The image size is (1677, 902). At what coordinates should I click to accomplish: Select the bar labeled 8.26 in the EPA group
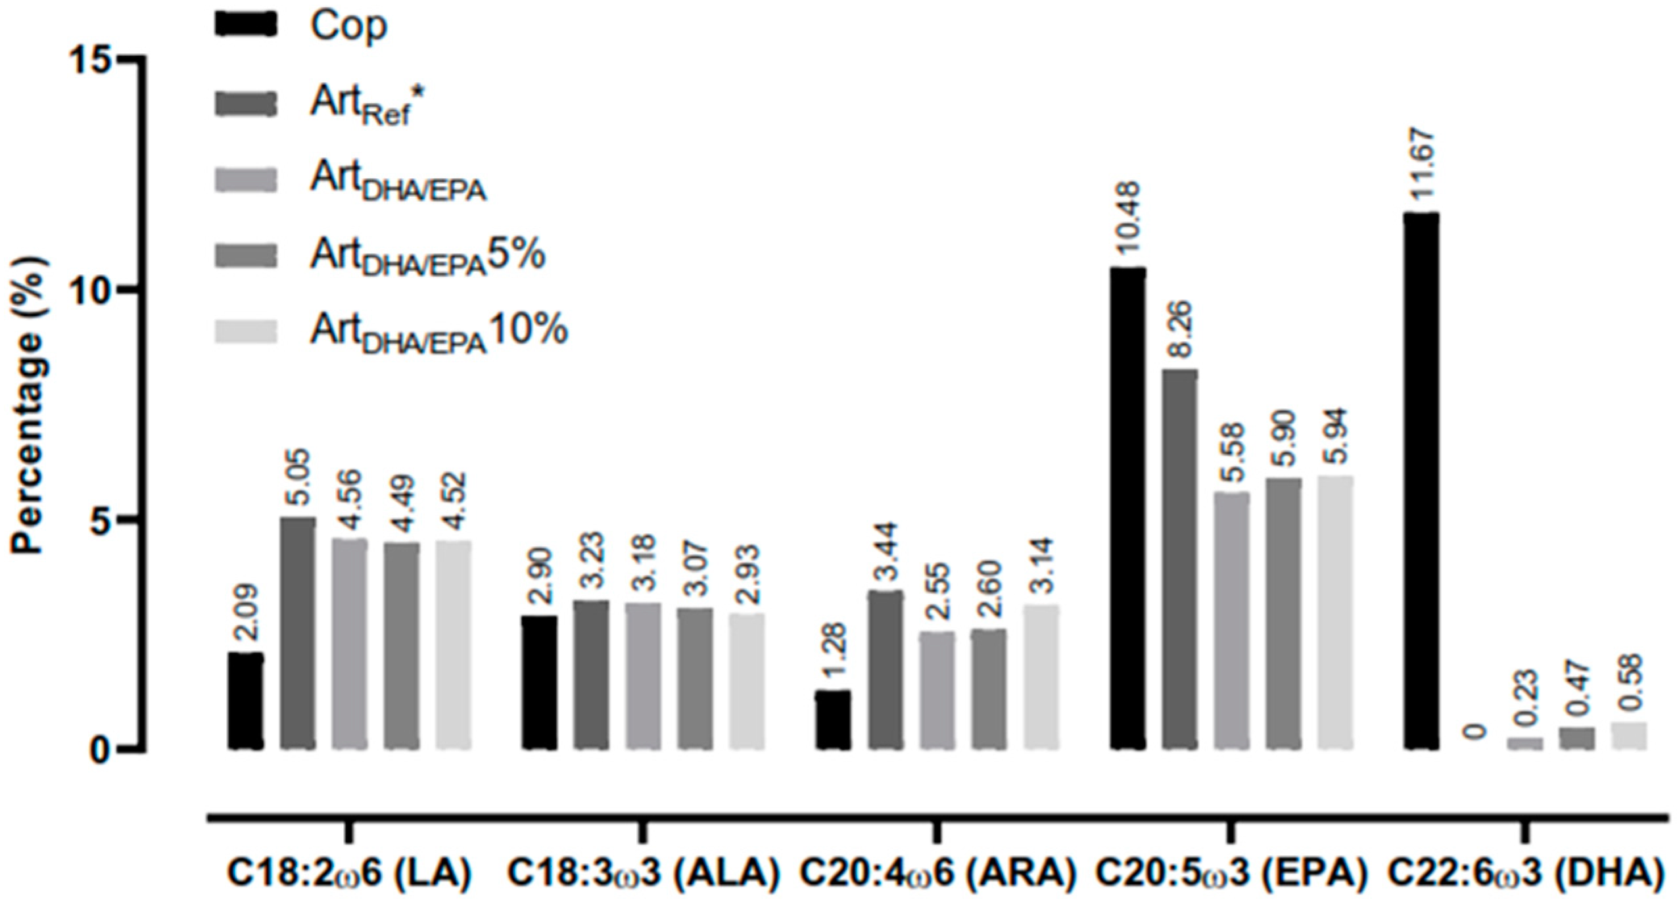point(1179,559)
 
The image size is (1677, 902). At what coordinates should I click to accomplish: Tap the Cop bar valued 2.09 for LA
point(246,701)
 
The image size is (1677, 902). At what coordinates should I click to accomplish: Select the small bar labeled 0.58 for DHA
point(1629,736)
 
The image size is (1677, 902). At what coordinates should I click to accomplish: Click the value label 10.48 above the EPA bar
point(1127,224)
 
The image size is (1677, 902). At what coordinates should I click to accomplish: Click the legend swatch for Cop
point(247,26)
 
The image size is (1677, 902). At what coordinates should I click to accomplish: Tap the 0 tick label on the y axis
point(99,749)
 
